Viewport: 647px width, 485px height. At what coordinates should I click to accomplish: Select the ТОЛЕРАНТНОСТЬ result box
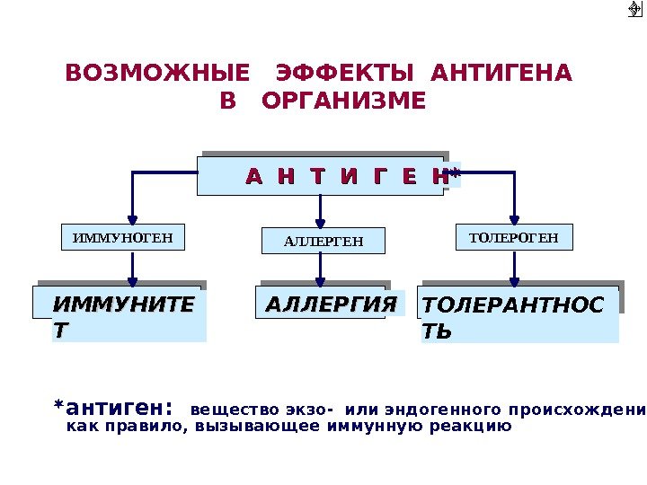point(520,314)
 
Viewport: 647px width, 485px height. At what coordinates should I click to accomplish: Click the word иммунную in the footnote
point(401,427)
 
